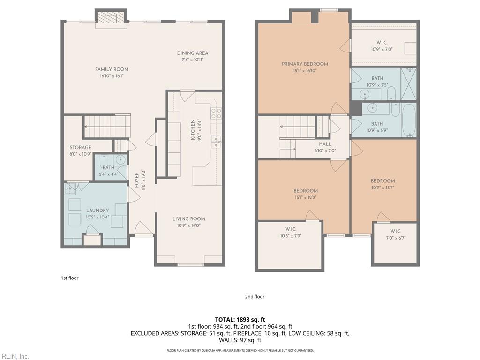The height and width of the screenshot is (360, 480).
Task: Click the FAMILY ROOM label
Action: point(112,69)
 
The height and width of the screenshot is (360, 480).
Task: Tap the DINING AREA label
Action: point(193,53)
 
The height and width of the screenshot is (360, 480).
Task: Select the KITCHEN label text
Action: point(193,130)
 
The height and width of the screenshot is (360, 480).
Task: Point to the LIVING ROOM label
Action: point(189,219)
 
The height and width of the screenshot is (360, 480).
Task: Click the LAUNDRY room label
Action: point(97,210)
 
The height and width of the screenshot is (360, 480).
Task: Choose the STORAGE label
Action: point(80,148)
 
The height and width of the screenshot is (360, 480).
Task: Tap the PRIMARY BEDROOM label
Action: point(305,64)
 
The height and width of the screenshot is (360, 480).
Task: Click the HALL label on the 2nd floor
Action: point(325,144)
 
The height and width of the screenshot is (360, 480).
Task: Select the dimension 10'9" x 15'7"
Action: point(382,187)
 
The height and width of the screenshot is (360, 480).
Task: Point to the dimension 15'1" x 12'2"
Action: point(306,197)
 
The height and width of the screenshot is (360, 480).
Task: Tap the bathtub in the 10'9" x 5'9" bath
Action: point(409,121)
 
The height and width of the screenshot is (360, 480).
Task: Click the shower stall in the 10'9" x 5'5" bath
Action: point(409,84)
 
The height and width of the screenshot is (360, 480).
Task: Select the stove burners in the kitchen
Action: point(216,113)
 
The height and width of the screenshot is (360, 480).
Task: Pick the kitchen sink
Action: point(216,142)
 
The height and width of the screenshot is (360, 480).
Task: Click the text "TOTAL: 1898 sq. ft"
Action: point(240,320)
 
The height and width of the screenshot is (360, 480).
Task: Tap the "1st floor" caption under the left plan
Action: point(69,278)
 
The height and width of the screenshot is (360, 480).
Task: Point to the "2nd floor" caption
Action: point(255,296)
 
